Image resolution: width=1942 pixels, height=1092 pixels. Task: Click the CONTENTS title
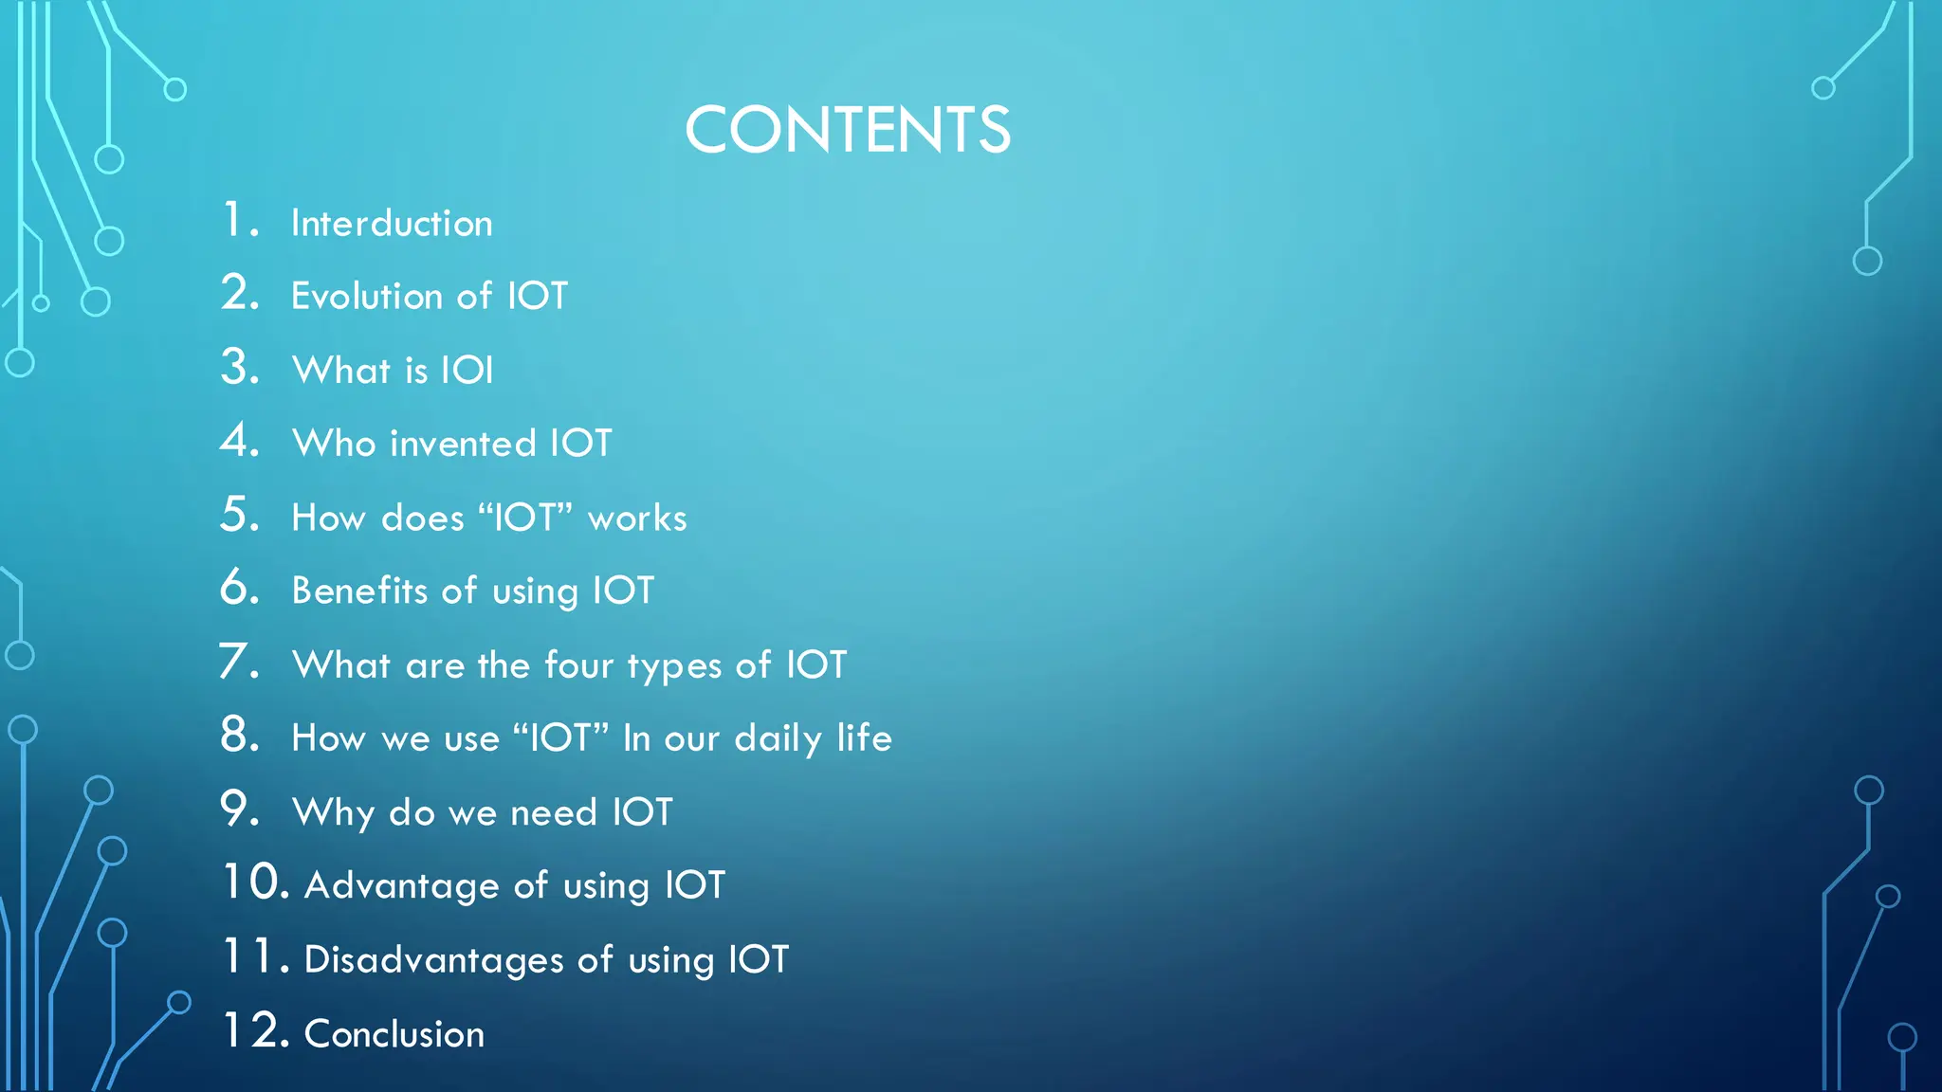click(x=848, y=130)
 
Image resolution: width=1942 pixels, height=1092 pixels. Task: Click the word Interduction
click(x=392, y=224)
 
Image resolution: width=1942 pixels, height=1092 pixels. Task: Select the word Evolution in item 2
click(x=366, y=296)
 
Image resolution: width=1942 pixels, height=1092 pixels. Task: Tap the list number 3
click(x=240, y=367)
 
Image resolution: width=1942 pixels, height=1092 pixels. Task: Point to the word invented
click(x=463, y=444)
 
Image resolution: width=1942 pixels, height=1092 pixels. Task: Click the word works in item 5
click(x=637, y=519)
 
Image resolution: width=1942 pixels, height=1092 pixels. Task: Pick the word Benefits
click(x=359, y=591)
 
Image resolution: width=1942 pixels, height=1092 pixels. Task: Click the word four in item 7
click(x=578, y=664)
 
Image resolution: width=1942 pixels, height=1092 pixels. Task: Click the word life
click(x=864, y=737)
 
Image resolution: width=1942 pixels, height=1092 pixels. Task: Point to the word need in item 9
click(x=554, y=812)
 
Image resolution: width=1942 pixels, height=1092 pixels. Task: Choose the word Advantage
click(x=401, y=885)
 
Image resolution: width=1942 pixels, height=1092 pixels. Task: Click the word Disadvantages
click(x=433, y=959)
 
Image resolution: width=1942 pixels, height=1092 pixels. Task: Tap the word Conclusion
click(x=394, y=1033)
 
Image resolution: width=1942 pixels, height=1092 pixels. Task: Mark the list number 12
click(x=255, y=1030)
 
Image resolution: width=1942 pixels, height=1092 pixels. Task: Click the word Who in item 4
click(x=334, y=444)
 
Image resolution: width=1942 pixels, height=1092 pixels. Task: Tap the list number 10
click(x=255, y=883)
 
